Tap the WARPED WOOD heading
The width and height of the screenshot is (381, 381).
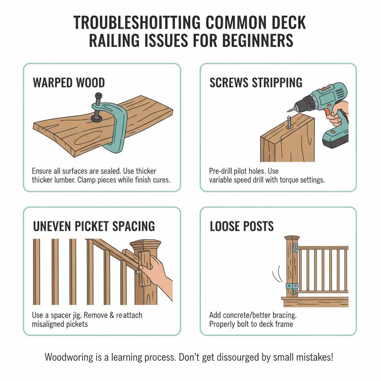click(69, 83)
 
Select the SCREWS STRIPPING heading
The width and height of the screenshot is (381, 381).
click(256, 83)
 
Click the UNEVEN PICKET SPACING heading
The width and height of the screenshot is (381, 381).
click(94, 226)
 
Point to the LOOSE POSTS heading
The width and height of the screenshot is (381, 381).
click(242, 226)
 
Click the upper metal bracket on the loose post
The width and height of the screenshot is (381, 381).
click(295, 247)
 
